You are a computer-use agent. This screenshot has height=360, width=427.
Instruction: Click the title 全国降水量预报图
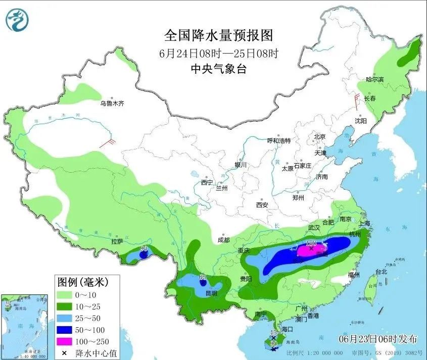pyautogui.click(x=218, y=36)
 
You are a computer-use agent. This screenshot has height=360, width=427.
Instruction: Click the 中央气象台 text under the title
pyautogui.click(x=218, y=70)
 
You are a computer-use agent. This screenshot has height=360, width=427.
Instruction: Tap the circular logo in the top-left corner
pyautogui.click(x=17, y=19)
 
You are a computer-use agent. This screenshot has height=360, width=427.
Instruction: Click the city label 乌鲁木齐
pyautogui.click(x=112, y=104)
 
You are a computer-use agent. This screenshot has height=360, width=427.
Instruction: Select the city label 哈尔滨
pyautogui.click(x=375, y=80)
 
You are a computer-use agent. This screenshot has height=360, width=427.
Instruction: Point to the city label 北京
pyautogui.click(x=319, y=136)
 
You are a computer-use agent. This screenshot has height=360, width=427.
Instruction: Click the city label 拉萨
pyautogui.click(x=118, y=241)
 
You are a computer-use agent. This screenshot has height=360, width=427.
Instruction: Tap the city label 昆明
pyautogui.click(x=211, y=293)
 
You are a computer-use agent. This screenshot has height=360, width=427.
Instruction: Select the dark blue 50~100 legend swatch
pyautogui.click(x=67, y=330)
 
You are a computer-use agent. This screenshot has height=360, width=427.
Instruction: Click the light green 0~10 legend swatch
pyautogui.click(x=67, y=294)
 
